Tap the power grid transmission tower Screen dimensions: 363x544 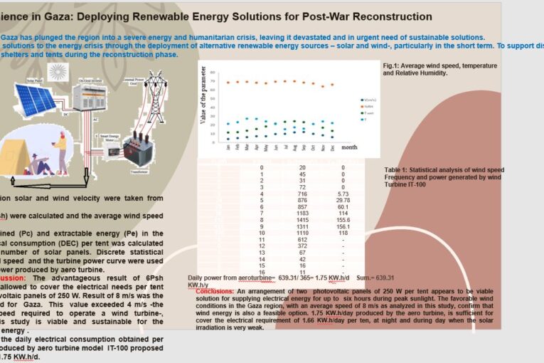[x=157, y=89]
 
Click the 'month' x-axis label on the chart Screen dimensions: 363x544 [x=349, y=147]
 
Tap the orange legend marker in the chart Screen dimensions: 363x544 [x=361, y=106]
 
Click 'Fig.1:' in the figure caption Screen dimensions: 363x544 [x=391, y=66]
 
